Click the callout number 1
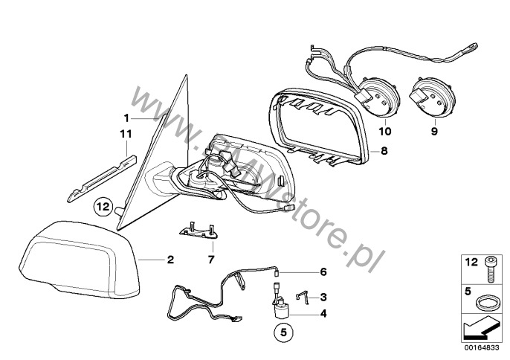[x=126, y=118]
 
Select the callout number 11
[x=126, y=134]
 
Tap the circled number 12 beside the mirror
[x=103, y=206]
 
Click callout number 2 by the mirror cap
[x=170, y=260]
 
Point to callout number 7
[x=211, y=260]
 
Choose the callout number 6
[x=323, y=271]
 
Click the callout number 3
[x=323, y=297]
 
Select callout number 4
[x=323, y=313]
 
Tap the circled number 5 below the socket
[x=284, y=332]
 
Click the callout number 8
[x=384, y=151]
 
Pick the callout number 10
[x=385, y=131]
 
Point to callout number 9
[x=434, y=131]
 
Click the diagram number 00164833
[x=482, y=347]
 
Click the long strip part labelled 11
[x=102, y=179]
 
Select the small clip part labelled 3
[x=302, y=298]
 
